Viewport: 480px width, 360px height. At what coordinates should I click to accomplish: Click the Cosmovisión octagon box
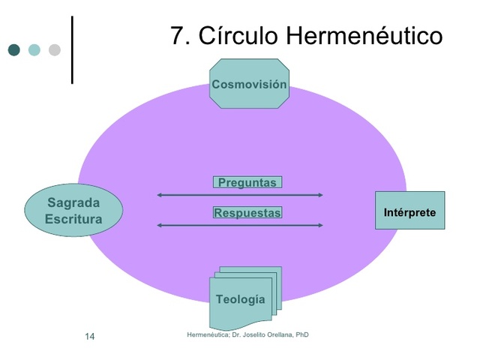click(x=249, y=84)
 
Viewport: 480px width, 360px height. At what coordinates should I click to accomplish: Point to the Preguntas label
click(x=247, y=182)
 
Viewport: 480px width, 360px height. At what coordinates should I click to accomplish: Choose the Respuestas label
click(x=247, y=213)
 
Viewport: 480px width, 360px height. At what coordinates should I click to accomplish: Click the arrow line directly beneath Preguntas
click(x=240, y=195)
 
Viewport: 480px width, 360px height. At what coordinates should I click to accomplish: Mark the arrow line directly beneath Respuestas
click(x=240, y=225)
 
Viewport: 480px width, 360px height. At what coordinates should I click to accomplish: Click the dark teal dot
click(x=14, y=50)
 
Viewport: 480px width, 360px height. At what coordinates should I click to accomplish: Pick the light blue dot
click(x=34, y=50)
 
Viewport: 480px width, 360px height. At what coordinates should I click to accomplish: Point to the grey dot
click(x=54, y=50)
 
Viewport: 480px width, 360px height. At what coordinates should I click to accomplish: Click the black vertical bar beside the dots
click(x=73, y=49)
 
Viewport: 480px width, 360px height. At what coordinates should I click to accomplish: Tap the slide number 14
click(x=89, y=336)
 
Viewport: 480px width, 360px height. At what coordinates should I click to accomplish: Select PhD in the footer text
click(x=301, y=334)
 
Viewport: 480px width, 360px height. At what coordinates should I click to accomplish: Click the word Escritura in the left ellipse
click(x=73, y=219)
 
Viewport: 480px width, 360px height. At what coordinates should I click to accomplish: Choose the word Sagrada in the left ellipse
click(x=73, y=202)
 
